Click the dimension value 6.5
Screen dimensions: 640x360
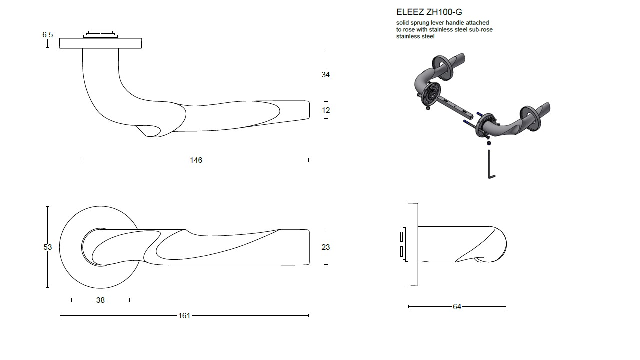(x=47, y=35)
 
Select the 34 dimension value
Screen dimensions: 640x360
(x=325, y=75)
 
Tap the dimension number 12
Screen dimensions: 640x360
(x=326, y=110)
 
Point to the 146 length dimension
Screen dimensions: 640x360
(x=196, y=160)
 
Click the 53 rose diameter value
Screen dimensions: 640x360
(x=47, y=247)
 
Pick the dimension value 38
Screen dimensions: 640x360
(x=100, y=300)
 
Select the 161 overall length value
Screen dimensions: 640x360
(x=184, y=315)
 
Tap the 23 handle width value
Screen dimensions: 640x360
(x=325, y=247)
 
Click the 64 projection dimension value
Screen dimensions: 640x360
(x=457, y=307)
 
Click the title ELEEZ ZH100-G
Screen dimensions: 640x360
(x=429, y=12)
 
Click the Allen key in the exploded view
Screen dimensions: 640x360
(x=490, y=164)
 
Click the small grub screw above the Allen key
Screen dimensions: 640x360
(x=489, y=143)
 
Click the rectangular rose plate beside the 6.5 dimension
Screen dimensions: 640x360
(x=100, y=43)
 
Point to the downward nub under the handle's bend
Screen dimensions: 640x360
(x=148, y=131)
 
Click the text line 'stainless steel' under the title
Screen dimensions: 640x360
(x=415, y=37)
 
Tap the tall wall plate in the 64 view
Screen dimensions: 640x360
(x=413, y=244)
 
